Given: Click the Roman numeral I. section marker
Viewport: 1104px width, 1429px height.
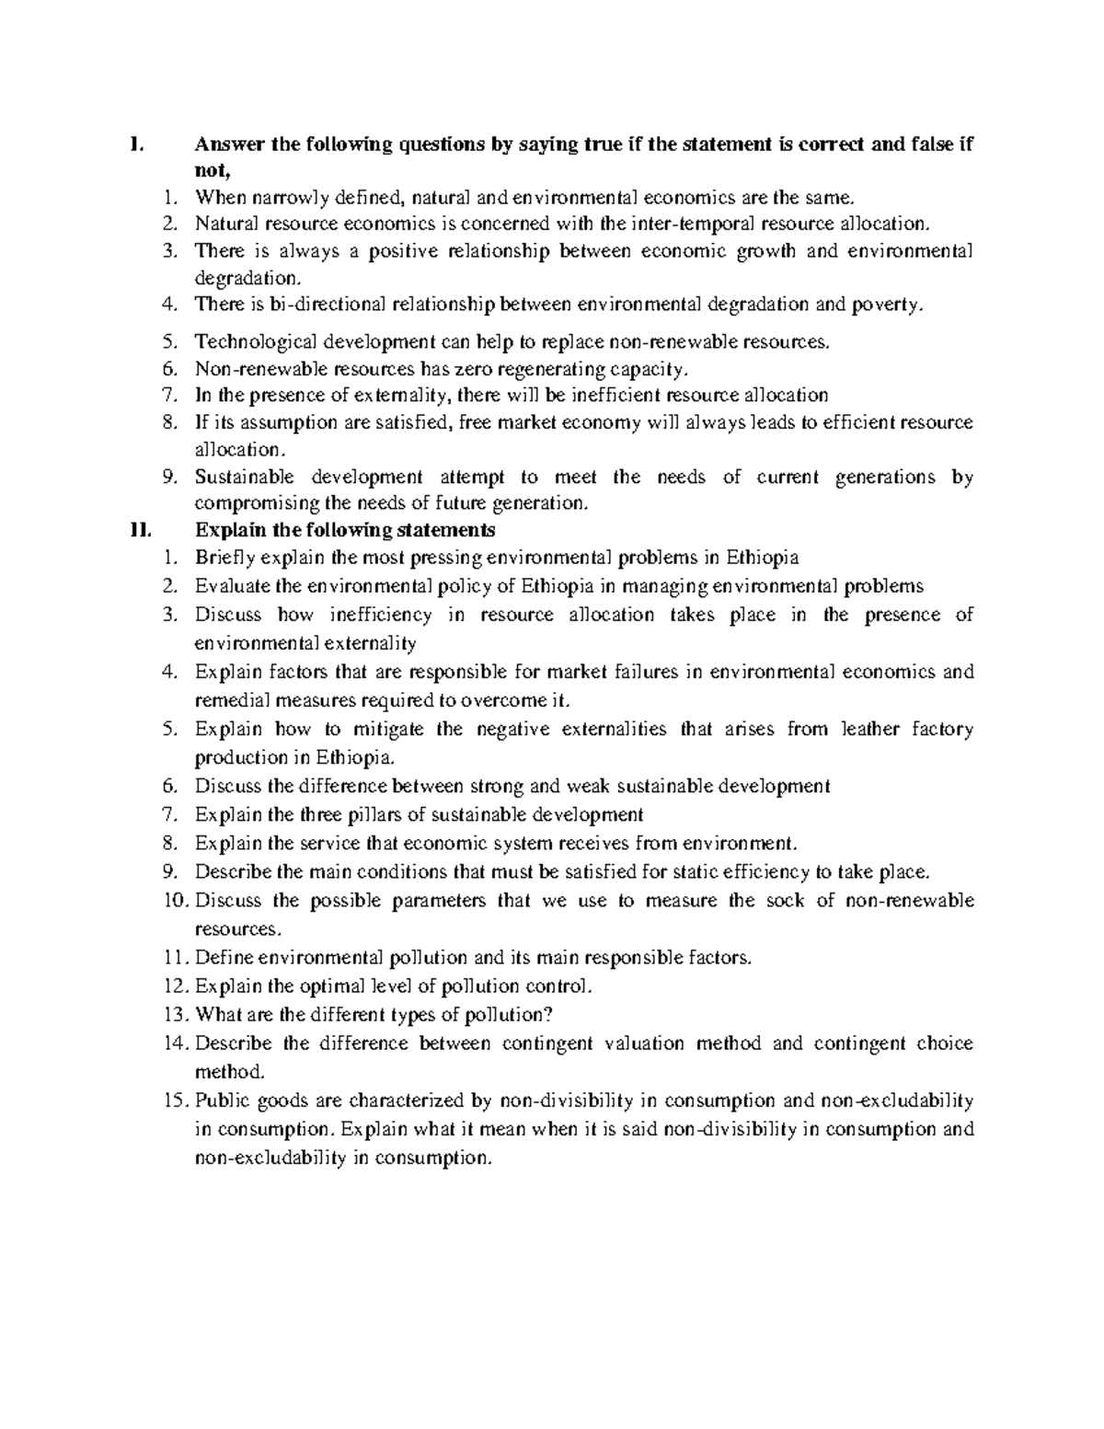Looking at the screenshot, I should click(136, 144).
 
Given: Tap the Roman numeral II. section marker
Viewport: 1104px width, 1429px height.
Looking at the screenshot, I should click(139, 530).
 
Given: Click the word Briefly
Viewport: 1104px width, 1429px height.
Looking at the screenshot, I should click(224, 558).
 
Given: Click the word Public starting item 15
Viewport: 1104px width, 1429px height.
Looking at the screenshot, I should click(220, 1101).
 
